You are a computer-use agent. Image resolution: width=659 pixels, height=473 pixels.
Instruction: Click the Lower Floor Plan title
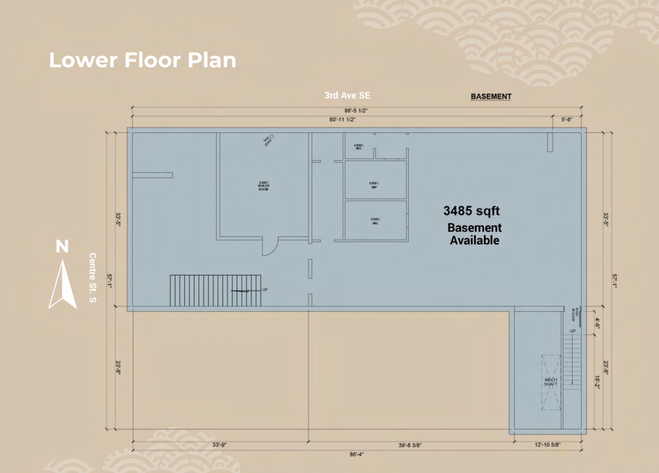click(x=143, y=60)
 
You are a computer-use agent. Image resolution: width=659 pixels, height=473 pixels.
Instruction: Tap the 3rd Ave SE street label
click(x=347, y=96)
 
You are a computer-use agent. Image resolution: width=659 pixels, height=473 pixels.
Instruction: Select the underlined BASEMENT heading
click(x=491, y=96)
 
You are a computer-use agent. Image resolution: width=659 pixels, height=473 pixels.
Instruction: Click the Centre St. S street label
click(x=93, y=278)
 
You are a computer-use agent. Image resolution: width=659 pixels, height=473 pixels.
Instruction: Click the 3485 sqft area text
click(x=471, y=211)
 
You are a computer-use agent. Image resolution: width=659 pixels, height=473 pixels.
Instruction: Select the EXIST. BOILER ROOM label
click(x=264, y=186)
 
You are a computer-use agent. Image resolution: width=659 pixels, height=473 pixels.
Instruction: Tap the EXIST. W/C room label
click(x=359, y=147)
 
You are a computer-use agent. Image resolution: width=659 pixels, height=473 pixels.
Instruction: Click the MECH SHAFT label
click(x=551, y=382)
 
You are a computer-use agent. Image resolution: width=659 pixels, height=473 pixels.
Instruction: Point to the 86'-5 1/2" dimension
click(x=356, y=111)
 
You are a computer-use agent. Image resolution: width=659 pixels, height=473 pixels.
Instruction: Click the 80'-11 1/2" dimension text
click(x=342, y=120)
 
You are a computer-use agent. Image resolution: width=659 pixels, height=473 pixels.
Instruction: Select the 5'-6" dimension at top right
click(x=566, y=120)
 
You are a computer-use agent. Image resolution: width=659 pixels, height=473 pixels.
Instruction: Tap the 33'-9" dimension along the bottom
click(x=219, y=445)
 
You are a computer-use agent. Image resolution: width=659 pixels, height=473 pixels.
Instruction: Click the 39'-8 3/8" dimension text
click(x=410, y=445)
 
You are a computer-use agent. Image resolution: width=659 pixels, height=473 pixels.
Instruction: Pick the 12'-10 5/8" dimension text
click(x=547, y=445)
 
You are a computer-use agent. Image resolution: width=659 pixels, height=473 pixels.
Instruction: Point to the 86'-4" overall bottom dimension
click(x=356, y=454)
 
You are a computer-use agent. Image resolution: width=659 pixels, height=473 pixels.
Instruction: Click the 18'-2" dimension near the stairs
click(x=597, y=382)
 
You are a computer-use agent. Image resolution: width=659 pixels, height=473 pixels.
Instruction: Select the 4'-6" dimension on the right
click(x=597, y=323)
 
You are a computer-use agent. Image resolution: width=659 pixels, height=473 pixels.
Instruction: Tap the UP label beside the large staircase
click(x=265, y=290)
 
